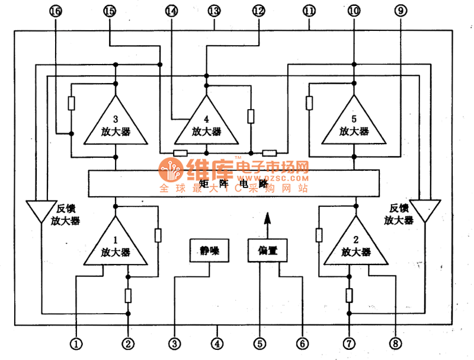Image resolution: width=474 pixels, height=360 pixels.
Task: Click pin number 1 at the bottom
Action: coord(76,343)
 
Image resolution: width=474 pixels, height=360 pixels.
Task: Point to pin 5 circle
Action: coord(260,343)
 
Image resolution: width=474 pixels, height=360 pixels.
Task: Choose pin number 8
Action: coord(395,343)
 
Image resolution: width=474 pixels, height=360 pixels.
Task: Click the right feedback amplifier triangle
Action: coord(425,209)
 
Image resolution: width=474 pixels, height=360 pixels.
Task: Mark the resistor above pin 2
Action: coord(128,295)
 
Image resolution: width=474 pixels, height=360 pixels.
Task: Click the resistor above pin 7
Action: coord(349,295)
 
